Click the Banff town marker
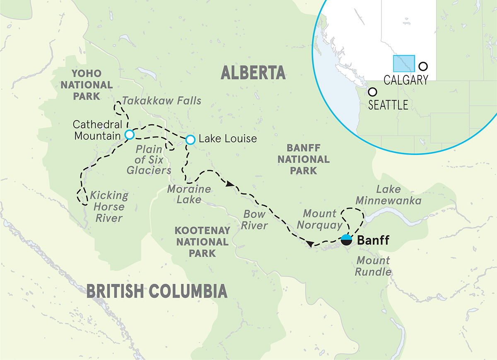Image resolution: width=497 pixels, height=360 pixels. pos(346,240)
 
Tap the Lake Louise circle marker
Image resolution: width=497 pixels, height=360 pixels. pos(190,140)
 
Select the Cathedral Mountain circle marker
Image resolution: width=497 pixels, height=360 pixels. pos(129,135)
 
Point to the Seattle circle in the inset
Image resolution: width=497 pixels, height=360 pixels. pos(373,92)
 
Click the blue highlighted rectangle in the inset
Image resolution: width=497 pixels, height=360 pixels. pos(403,64)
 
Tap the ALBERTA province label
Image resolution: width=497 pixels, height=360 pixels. pos(253,73)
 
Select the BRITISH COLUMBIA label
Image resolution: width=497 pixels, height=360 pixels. pos(157,292)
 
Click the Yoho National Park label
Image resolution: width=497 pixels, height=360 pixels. pos(86,85)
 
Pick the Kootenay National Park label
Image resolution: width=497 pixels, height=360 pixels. pos(202,242)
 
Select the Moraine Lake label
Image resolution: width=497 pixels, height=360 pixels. pos(189,194)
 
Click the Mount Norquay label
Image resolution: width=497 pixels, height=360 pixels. pos(322,220)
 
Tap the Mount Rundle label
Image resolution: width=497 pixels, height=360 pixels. pos(373,266)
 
